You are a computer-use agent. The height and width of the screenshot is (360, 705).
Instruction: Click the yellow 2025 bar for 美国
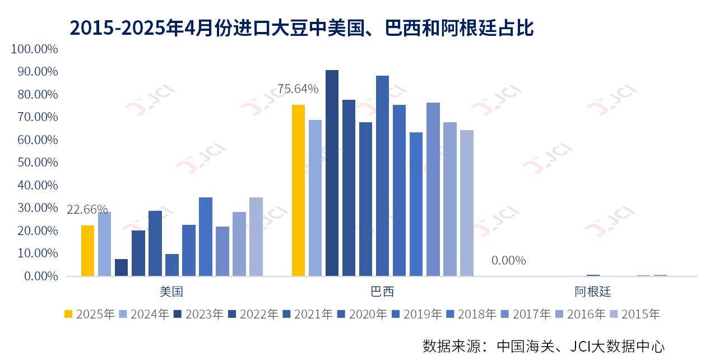coord(87,251)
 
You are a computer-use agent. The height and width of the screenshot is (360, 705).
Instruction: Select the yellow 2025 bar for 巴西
coord(298,191)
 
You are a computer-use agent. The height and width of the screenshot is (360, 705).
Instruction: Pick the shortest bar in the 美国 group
coord(121,267)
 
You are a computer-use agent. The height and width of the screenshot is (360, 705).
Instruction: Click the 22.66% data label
coord(87,210)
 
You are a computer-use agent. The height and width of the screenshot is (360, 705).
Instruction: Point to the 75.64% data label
coord(298,89)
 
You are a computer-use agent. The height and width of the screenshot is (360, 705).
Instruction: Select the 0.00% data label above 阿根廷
coord(508,260)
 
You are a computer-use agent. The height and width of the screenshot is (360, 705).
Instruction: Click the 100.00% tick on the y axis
coord(34,49)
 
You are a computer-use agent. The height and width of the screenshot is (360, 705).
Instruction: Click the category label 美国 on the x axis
coord(171,292)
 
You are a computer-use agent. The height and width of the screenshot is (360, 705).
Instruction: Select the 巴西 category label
coord(382,292)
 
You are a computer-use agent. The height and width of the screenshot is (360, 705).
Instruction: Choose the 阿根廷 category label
coord(592,292)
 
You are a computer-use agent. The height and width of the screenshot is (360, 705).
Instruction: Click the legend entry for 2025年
coord(89,314)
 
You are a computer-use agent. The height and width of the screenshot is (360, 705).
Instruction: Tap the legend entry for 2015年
coord(635,314)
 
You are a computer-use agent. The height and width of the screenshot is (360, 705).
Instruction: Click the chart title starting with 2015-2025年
coord(302,27)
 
